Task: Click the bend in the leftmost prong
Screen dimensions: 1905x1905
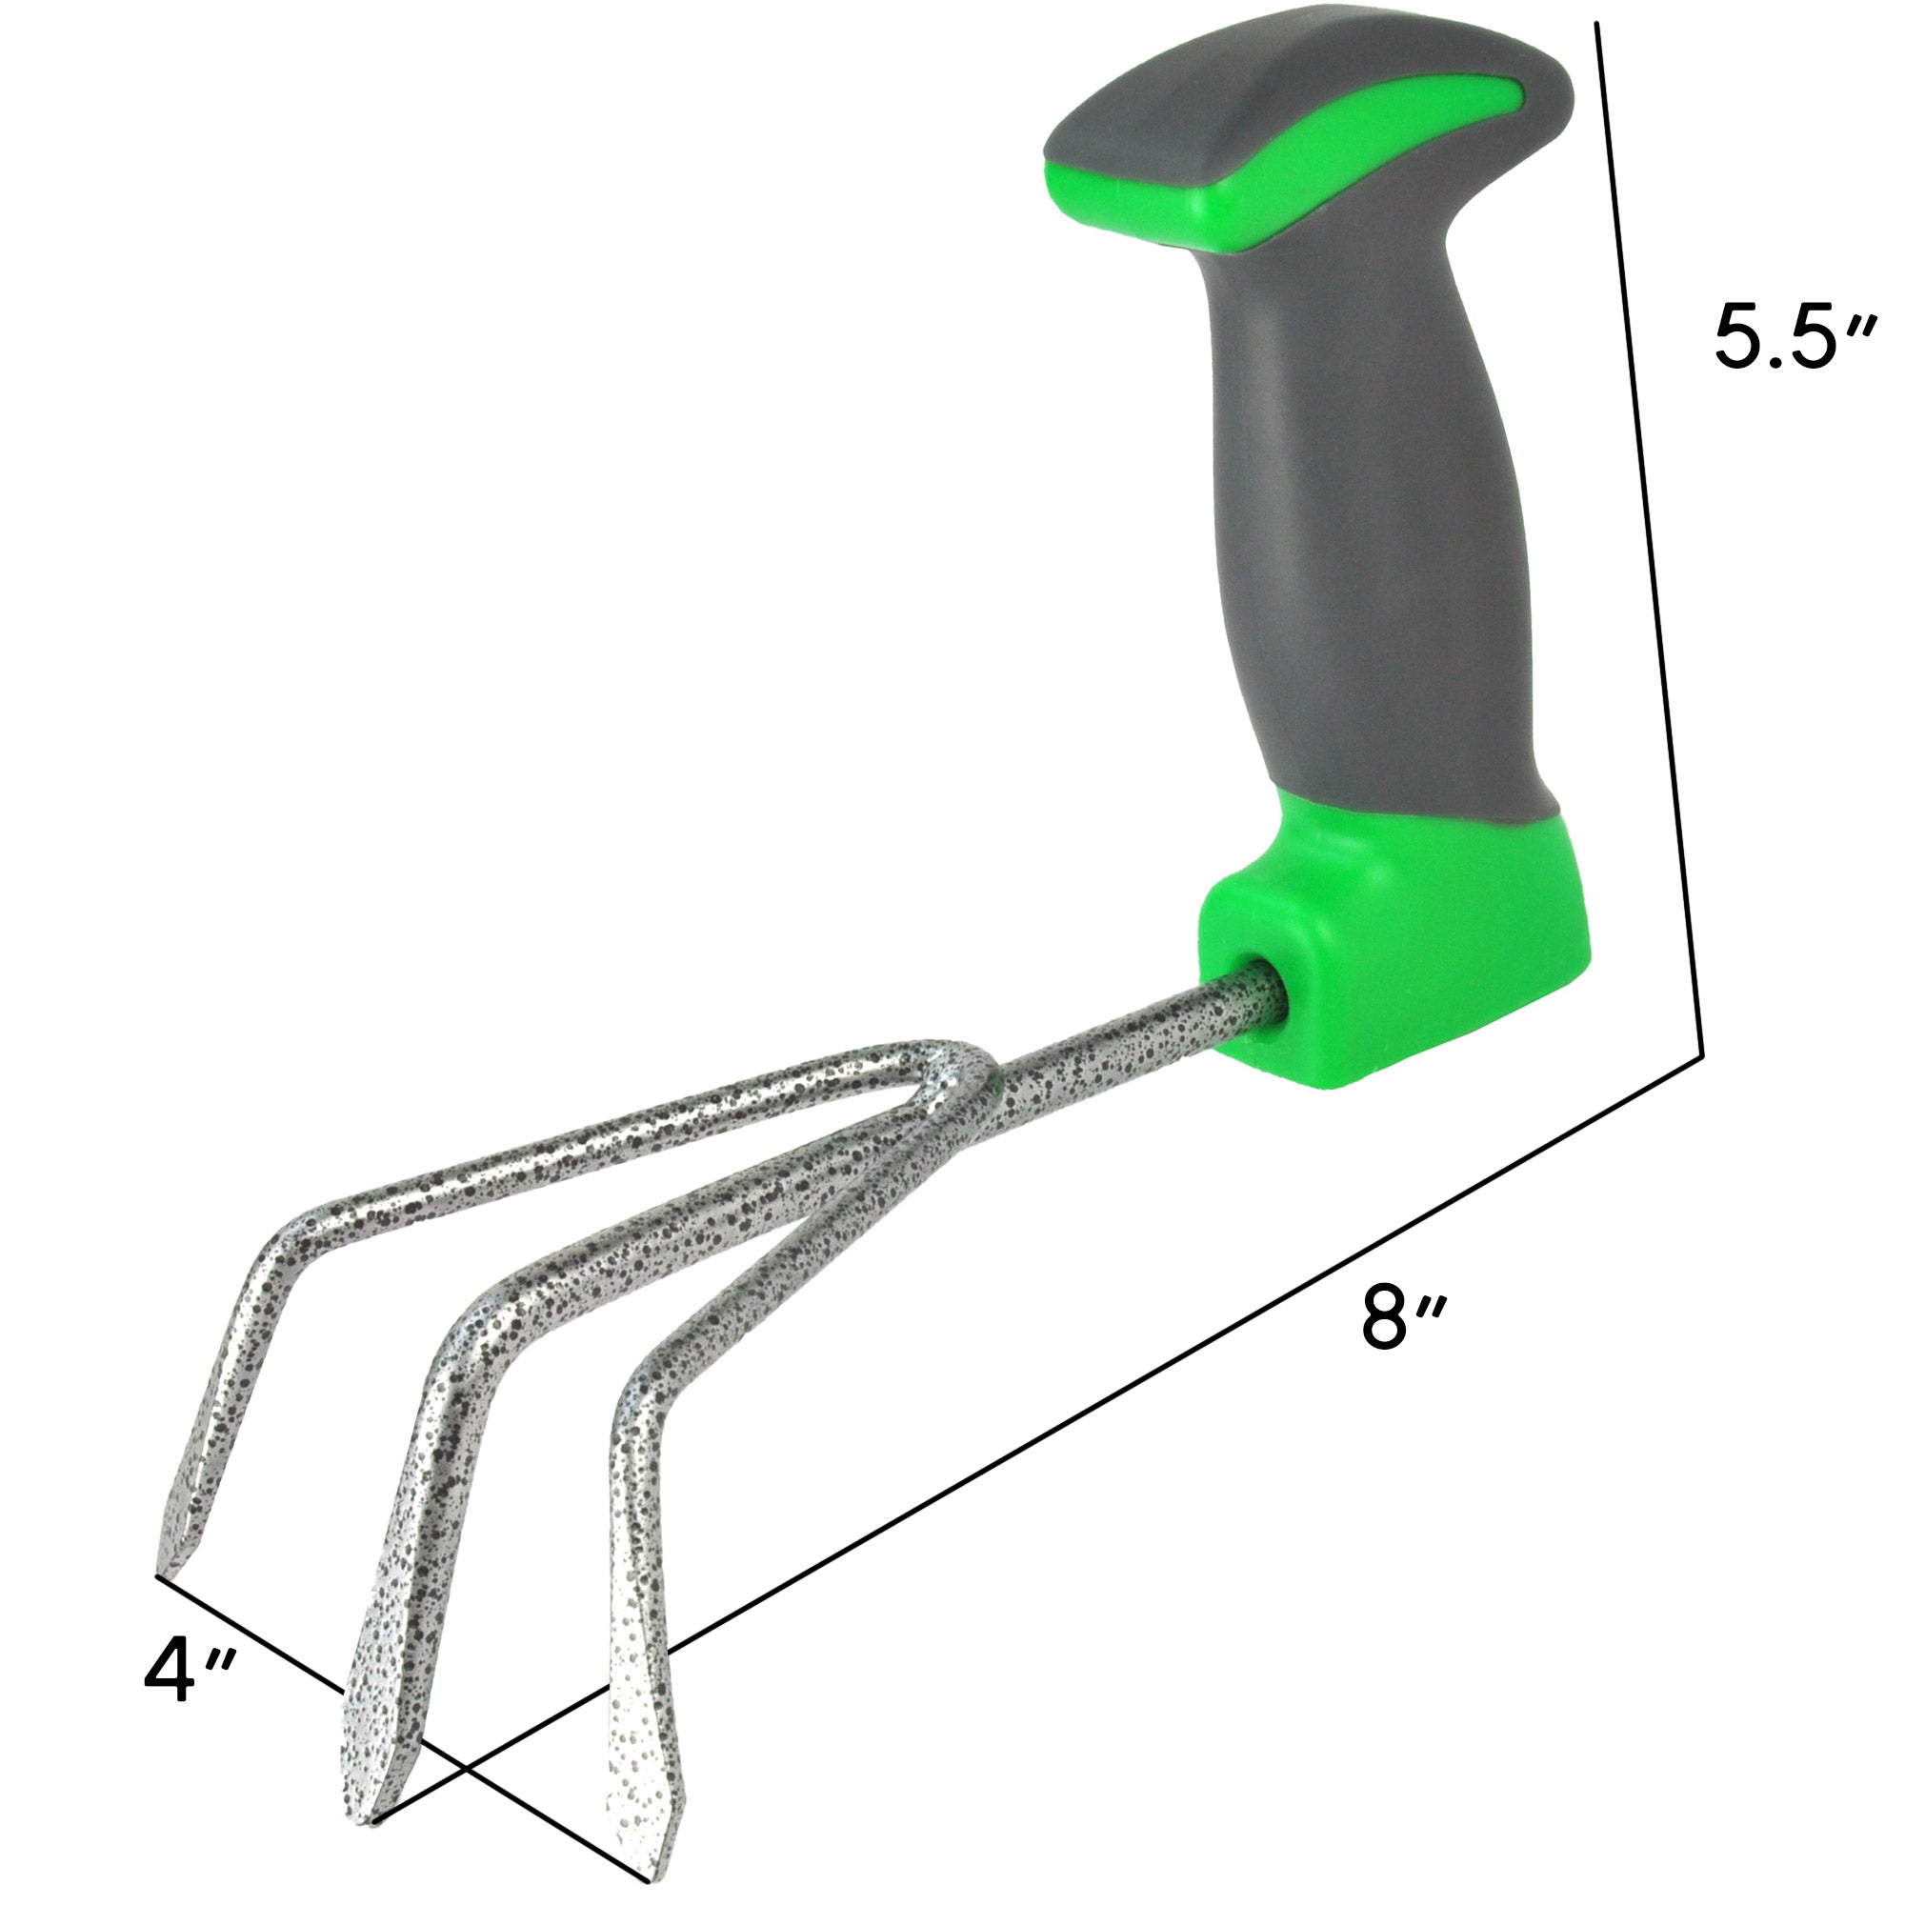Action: click(x=286, y=1248)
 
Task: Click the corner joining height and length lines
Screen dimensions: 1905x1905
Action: click(x=1703, y=1057)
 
